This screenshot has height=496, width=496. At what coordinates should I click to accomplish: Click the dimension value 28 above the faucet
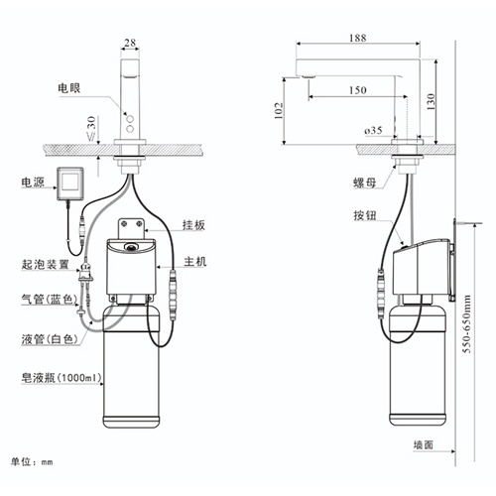[x=130, y=43]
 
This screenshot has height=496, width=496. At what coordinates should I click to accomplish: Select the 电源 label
[x=32, y=183]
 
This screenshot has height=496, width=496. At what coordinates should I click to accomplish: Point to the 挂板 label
[x=193, y=225]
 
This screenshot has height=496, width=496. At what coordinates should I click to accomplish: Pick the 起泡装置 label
[x=45, y=265]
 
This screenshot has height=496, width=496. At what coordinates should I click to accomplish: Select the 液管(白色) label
[x=46, y=339]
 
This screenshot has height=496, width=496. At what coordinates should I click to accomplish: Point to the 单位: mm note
[x=33, y=461]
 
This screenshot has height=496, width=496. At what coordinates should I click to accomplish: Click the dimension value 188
[x=358, y=39]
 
